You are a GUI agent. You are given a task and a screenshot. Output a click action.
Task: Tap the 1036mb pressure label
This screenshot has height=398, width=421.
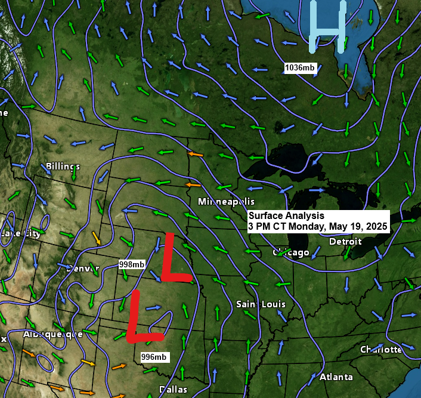(x=300, y=67)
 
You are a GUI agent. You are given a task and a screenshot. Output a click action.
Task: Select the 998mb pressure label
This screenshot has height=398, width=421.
(x=131, y=264)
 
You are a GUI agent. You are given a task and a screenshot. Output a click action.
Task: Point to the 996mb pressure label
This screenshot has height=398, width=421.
(x=154, y=357)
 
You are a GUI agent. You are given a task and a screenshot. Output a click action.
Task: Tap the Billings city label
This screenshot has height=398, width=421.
(x=63, y=166)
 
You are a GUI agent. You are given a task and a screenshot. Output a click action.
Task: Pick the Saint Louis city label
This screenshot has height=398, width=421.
(x=261, y=304)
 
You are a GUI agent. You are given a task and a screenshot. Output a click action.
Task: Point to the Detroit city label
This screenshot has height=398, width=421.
(x=345, y=242)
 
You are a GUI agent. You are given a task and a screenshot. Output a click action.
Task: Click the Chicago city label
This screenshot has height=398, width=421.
(x=291, y=252)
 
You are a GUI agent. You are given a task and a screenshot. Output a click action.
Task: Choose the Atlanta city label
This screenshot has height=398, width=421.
(x=336, y=377)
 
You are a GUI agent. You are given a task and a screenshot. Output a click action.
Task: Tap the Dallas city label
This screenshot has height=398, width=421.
(x=173, y=390)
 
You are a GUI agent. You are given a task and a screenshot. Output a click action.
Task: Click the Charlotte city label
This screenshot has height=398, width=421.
(x=381, y=349)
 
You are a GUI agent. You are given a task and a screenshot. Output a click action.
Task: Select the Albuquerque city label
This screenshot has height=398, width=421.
(x=52, y=334)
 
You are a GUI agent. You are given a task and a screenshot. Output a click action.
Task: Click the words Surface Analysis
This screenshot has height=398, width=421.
(x=286, y=216)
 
